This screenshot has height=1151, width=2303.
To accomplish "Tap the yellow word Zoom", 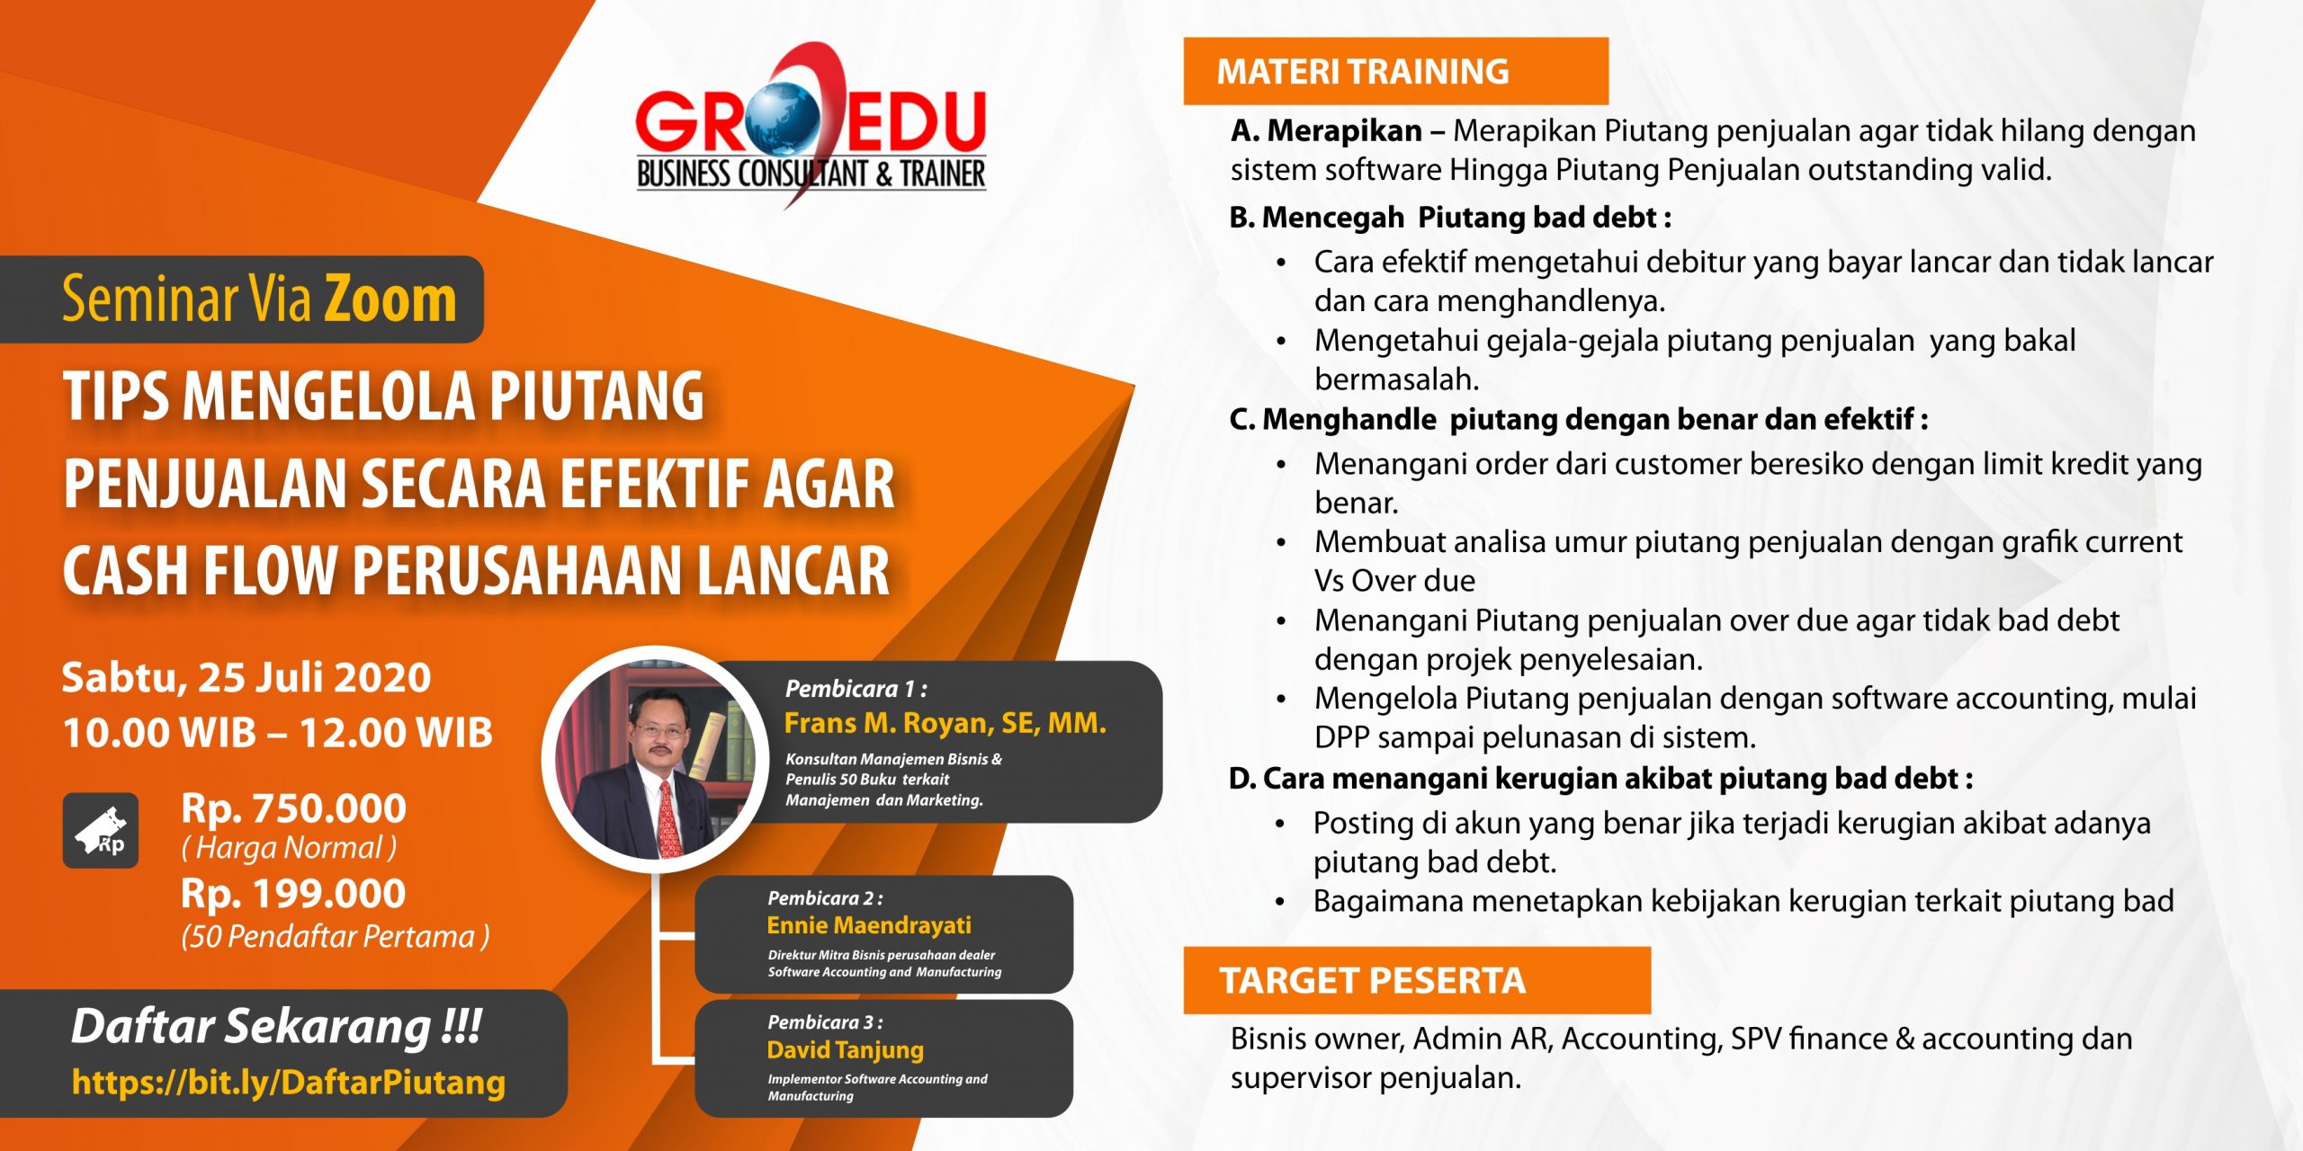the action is point(390,299).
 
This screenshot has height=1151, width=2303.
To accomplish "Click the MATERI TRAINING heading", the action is point(1363,71).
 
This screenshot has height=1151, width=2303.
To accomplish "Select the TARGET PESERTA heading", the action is point(1373,980).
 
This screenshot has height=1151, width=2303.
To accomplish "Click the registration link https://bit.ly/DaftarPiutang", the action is point(289,1083).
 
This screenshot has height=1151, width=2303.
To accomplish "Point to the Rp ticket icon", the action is point(101,830).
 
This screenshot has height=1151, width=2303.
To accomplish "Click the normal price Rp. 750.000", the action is point(293,808).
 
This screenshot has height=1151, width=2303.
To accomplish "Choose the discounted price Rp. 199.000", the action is point(293,894).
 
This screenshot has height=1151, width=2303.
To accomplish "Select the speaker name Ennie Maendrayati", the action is point(869,925).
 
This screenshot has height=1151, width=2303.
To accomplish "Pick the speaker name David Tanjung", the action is point(846,1050).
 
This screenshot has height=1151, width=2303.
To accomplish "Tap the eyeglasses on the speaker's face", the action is point(659,728).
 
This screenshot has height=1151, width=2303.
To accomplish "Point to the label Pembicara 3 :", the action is point(825,1022).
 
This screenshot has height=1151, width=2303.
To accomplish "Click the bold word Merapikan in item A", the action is point(1345,131).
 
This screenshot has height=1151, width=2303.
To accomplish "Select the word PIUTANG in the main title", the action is point(596,397).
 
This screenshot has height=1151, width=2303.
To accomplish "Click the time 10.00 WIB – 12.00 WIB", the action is point(278,733).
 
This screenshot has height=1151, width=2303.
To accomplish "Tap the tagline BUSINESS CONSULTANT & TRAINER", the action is point(811,174).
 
